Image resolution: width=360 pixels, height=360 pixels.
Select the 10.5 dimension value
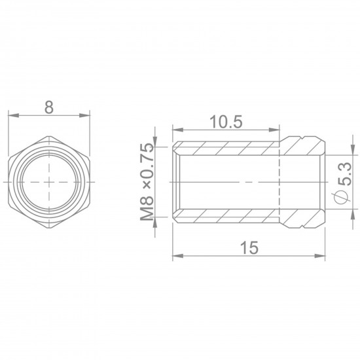coord(227,122)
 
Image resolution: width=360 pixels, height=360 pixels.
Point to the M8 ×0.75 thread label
coord(147,181)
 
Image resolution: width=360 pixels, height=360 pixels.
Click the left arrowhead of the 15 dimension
coord(177,257)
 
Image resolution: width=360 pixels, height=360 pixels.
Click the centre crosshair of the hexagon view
coord(48,179)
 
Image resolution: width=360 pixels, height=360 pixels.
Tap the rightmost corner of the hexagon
coord(90,179)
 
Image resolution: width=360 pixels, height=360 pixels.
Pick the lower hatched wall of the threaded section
coord(226,214)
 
